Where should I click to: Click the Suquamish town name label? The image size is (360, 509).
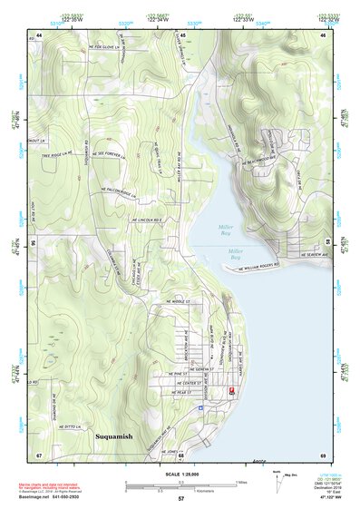(x=114, y=436)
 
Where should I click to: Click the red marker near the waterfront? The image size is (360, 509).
(x=231, y=389)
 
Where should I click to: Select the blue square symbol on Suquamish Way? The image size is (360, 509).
(x=200, y=408)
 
